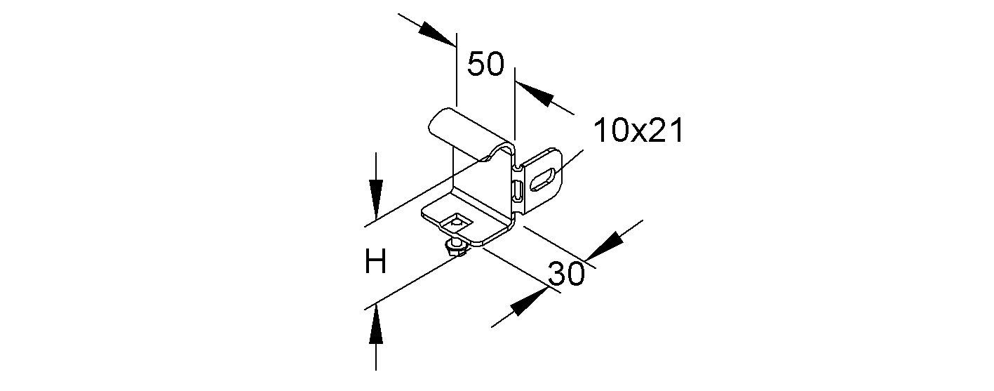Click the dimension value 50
click(486, 64)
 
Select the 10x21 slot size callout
click(638, 131)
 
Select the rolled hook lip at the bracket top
click(471, 131)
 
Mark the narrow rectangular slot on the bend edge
click(518, 191)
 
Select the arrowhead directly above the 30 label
click(605, 246)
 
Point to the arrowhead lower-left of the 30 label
click(528, 301)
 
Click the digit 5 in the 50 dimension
click(476, 64)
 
